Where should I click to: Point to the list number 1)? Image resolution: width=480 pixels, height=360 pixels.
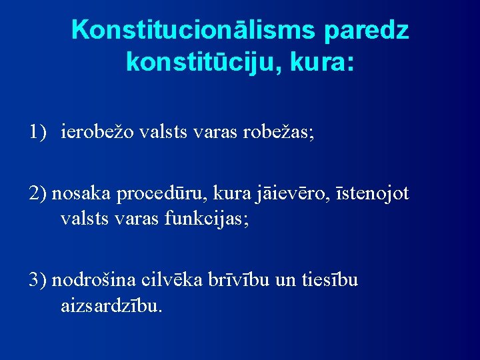click(x=37, y=132)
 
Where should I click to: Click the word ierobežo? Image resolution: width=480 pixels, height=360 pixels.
click(x=99, y=132)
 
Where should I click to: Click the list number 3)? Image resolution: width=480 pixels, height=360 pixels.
click(x=37, y=279)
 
